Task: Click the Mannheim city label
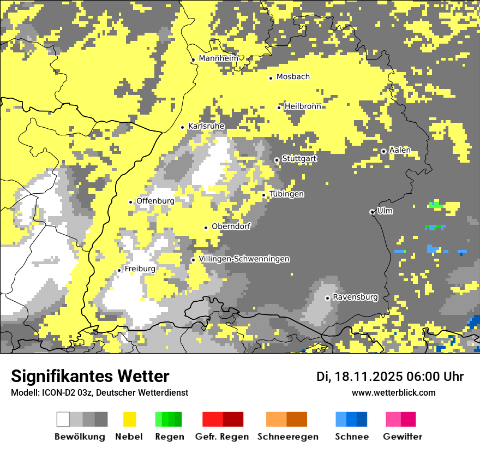[x=219, y=58]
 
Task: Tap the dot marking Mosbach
[x=271, y=78]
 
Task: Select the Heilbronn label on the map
[x=303, y=106]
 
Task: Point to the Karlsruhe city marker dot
[x=183, y=127]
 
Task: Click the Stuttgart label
[x=299, y=159]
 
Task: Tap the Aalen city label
[x=400, y=150]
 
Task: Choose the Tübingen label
[x=287, y=194]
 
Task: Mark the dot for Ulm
[x=372, y=212]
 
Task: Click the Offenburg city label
[x=155, y=201]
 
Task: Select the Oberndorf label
[x=231, y=226]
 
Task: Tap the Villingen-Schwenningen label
[x=244, y=259]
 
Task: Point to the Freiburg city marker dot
[x=119, y=270]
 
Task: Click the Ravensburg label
[x=355, y=297]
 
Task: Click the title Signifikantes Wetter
[x=90, y=376]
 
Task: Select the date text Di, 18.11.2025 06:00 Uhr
[x=390, y=377]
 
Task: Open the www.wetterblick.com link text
[x=394, y=392]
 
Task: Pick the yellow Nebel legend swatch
[x=129, y=419]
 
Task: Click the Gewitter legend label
[x=403, y=437]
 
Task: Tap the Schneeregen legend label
[x=288, y=437]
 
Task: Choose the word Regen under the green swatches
[x=169, y=437]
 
